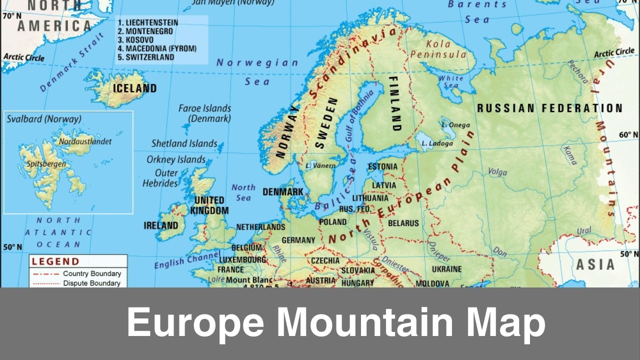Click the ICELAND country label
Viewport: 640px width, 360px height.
tap(134, 88)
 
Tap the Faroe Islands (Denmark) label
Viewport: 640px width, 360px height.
tap(205, 113)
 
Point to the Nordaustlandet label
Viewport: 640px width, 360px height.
tap(85, 141)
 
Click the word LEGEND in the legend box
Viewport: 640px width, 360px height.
tap(55, 261)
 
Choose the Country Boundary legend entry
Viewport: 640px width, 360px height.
tap(91, 273)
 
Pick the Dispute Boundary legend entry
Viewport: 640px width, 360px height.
tap(91, 283)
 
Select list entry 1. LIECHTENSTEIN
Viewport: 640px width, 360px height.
tap(147, 22)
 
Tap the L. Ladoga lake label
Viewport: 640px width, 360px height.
tap(437, 143)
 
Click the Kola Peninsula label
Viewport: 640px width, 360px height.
tap(438, 49)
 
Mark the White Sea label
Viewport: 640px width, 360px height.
tap(451, 81)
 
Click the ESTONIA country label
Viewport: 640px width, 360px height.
tap(382, 166)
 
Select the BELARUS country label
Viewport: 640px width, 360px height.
tap(403, 223)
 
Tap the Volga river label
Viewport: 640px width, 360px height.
tap(497, 171)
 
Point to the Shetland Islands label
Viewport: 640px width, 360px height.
tap(184, 143)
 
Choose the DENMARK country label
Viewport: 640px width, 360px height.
tap(283, 192)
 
